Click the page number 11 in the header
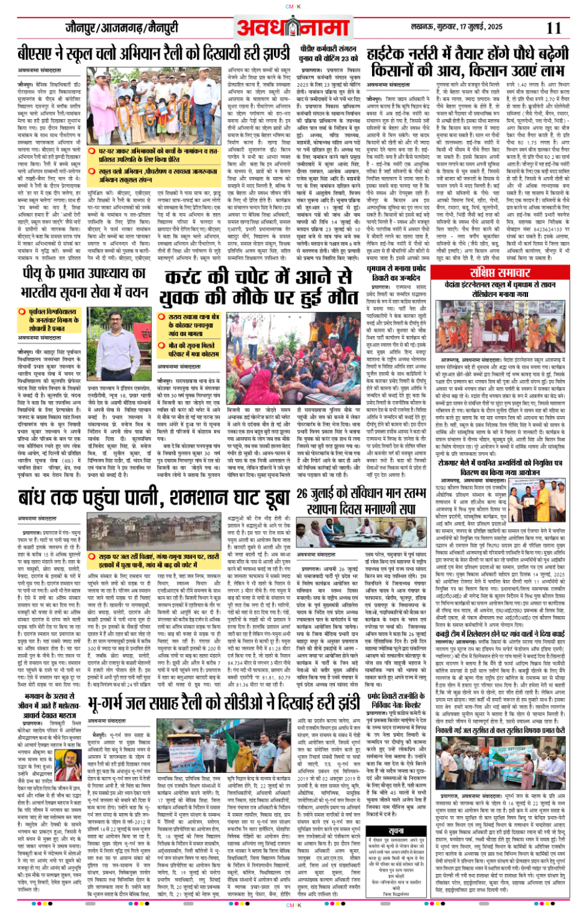tap(553, 28)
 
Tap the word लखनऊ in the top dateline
tap(426, 27)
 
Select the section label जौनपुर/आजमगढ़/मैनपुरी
tap(121, 28)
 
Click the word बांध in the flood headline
tap(39, 499)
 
